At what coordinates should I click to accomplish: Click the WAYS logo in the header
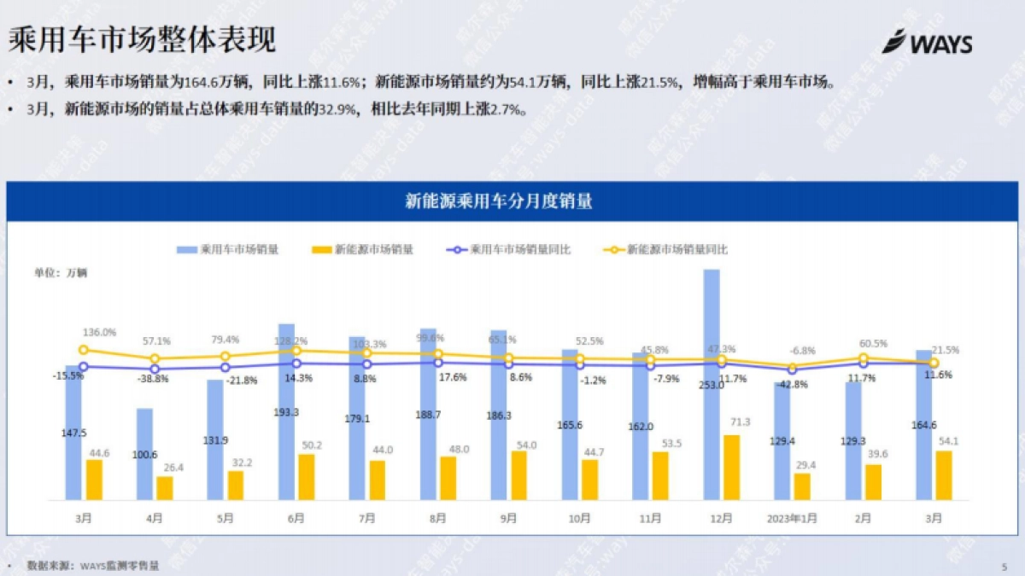click(927, 42)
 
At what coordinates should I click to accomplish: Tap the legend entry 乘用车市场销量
click(228, 250)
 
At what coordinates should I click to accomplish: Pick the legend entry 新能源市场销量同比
click(666, 250)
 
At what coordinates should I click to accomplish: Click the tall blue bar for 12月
click(712, 384)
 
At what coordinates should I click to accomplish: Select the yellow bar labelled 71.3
click(732, 468)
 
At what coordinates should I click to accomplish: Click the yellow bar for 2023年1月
click(802, 486)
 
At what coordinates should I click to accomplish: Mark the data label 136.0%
click(99, 332)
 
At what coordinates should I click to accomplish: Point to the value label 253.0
click(711, 385)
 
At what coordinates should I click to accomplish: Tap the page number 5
click(1004, 566)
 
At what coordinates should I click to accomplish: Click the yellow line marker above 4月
click(155, 359)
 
